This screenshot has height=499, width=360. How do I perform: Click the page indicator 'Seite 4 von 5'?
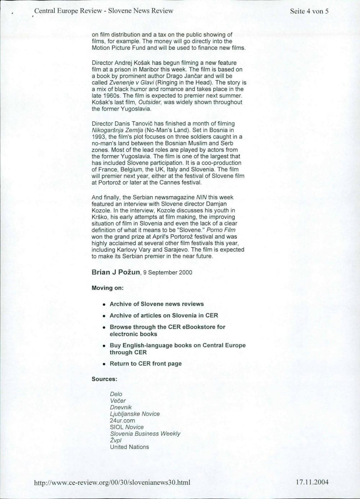point(309,11)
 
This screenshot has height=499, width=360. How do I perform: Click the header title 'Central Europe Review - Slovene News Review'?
point(104,11)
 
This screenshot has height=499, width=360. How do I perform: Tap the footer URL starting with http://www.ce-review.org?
point(112,482)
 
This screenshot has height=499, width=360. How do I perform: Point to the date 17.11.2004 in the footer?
point(312,482)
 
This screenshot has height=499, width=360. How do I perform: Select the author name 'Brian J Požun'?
point(116,272)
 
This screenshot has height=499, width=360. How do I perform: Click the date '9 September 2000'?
point(167,272)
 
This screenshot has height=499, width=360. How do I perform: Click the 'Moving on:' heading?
point(108,288)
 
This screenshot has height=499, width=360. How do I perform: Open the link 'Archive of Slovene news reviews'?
point(157,304)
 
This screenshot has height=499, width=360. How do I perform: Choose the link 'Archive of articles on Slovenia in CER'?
point(164,316)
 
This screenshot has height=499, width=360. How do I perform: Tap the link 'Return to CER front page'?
point(145,364)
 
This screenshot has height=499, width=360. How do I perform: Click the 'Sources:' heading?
point(104,379)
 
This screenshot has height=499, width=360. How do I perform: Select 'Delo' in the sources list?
point(116,394)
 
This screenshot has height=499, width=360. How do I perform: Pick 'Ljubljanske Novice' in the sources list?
point(135,414)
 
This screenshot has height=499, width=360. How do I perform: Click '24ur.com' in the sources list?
point(122,420)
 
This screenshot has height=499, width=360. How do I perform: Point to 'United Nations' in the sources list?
point(129,447)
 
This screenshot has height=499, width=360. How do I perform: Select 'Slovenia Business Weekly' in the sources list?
point(145,434)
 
